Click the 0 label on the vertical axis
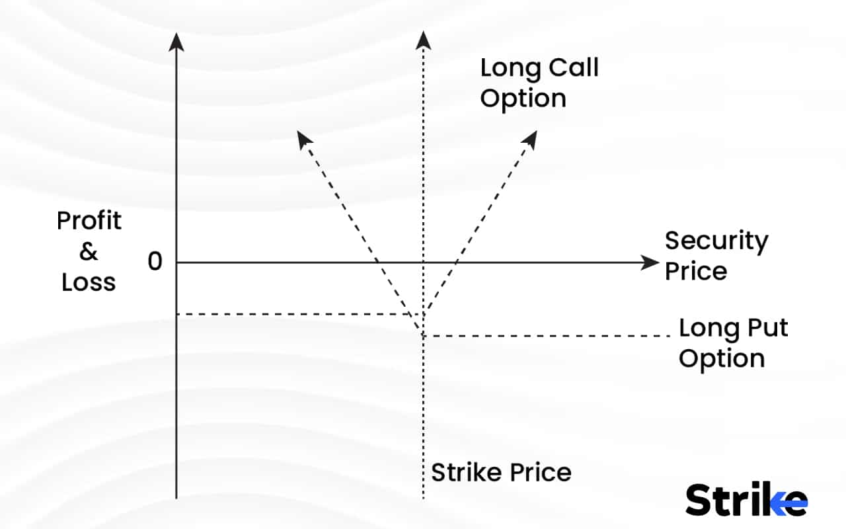tap(155, 262)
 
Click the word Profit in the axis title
tap(89, 221)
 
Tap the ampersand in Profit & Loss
tap(88, 252)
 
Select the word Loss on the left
tap(89, 282)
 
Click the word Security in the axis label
tap(716, 241)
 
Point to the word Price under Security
tap(695, 271)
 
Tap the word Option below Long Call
tap(523, 99)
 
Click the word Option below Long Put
tap(722, 358)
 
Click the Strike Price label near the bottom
tap(501, 473)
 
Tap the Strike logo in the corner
tap(746, 499)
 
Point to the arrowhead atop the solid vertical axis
tap(176, 41)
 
